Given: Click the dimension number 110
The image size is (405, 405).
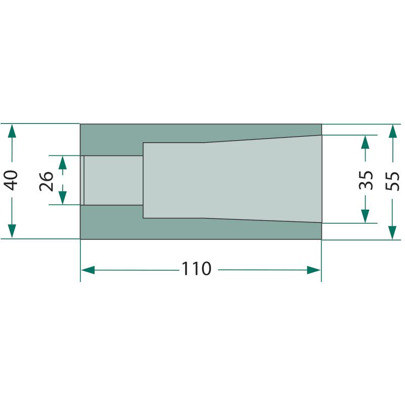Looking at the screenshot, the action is click(196, 269).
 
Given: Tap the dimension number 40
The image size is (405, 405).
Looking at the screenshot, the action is click(11, 180).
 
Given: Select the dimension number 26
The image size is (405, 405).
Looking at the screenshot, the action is click(46, 181).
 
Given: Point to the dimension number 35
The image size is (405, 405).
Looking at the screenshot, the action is click(366, 180).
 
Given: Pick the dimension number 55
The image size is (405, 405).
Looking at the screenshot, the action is click(393, 181).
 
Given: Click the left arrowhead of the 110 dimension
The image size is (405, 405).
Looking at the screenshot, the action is click(88, 270).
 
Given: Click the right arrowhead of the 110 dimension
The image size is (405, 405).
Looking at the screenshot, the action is click(313, 270).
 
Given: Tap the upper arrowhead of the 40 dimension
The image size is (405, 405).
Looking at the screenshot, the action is click(12, 131).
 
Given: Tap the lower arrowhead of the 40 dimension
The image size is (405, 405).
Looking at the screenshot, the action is click(12, 231).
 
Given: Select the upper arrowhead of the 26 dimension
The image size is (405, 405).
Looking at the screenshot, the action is click(62, 163).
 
